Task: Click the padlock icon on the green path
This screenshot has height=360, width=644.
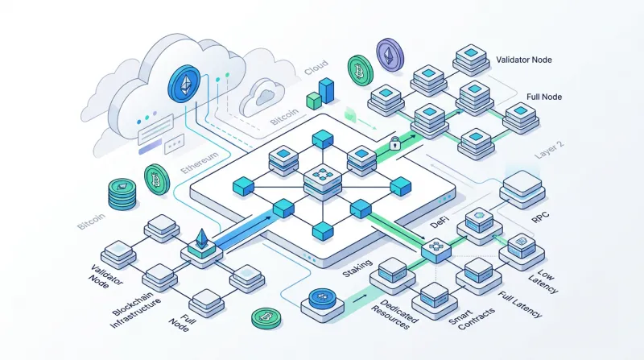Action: pyautogui.click(x=394, y=143)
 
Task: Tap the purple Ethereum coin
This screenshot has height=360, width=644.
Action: pyautogui.click(x=390, y=55)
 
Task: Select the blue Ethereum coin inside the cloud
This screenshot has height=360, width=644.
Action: pyautogui.click(x=184, y=85)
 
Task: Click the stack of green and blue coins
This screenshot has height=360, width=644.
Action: pyautogui.click(x=122, y=194)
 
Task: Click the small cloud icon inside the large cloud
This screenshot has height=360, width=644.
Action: pyautogui.click(x=262, y=97)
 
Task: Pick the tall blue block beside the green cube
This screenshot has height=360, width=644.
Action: pyautogui.click(x=327, y=90)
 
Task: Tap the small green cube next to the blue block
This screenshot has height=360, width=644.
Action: pyautogui.click(x=314, y=101)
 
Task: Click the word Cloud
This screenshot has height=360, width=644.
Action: pyautogui.click(x=316, y=68)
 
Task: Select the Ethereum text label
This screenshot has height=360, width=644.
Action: pyautogui.click(x=199, y=163)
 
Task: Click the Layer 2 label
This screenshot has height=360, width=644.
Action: pyautogui.click(x=550, y=151)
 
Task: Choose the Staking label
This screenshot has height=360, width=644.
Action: pyautogui.click(x=357, y=268)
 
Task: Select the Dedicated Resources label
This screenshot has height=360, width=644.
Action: pyautogui.click(x=394, y=314)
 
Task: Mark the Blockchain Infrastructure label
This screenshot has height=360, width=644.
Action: pyautogui.click(x=135, y=309)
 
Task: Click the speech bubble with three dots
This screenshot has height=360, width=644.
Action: pyautogui.click(x=174, y=143)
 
